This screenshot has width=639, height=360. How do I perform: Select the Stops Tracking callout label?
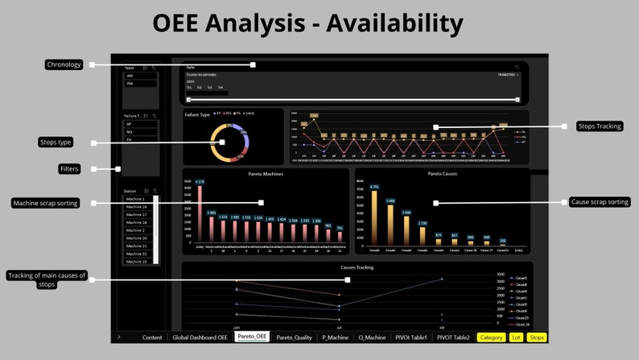(x=600, y=126)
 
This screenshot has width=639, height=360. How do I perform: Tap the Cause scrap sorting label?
(x=600, y=202)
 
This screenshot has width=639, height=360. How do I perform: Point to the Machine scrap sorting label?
(x=45, y=203)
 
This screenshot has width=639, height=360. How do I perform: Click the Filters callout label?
(x=68, y=169)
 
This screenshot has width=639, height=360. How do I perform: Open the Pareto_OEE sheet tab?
(x=252, y=337)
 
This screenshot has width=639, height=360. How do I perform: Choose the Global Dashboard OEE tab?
(x=201, y=337)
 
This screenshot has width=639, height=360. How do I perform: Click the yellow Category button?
(x=491, y=337)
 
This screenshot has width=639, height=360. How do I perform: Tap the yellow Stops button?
(x=537, y=337)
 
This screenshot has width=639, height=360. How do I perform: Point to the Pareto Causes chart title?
(x=443, y=173)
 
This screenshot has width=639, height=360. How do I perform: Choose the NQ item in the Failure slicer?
(x=129, y=132)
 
